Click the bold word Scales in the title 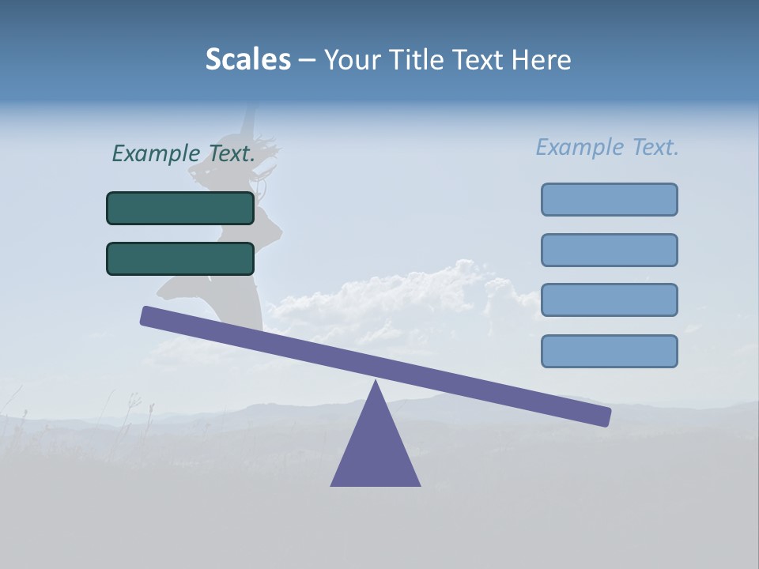click(x=247, y=59)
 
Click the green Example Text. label click(x=183, y=153)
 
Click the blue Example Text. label click(x=607, y=147)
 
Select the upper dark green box click(x=180, y=208)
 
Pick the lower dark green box click(x=180, y=258)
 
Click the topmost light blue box click(x=609, y=199)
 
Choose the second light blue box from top click(x=609, y=250)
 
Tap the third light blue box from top click(x=609, y=300)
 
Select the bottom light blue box click(x=609, y=351)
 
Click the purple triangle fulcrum click(x=376, y=450)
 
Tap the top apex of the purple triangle click(x=376, y=384)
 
